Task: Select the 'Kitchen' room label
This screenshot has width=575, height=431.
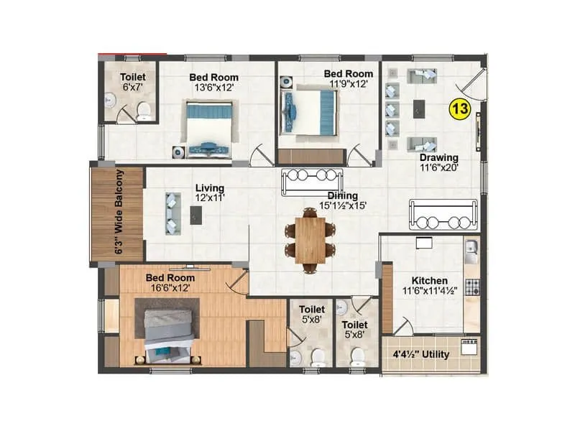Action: click(x=430, y=280)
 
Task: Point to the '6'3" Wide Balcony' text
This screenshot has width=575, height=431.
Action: click(x=119, y=213)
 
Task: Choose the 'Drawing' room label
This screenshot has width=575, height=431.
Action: click(x=440, y=157)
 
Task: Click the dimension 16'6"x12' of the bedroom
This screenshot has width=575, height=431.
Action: click(x=170, y=287)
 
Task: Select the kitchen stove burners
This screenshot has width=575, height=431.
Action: click(x=471, y=288)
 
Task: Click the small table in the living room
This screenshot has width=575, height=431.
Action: click(x=195, y=213)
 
